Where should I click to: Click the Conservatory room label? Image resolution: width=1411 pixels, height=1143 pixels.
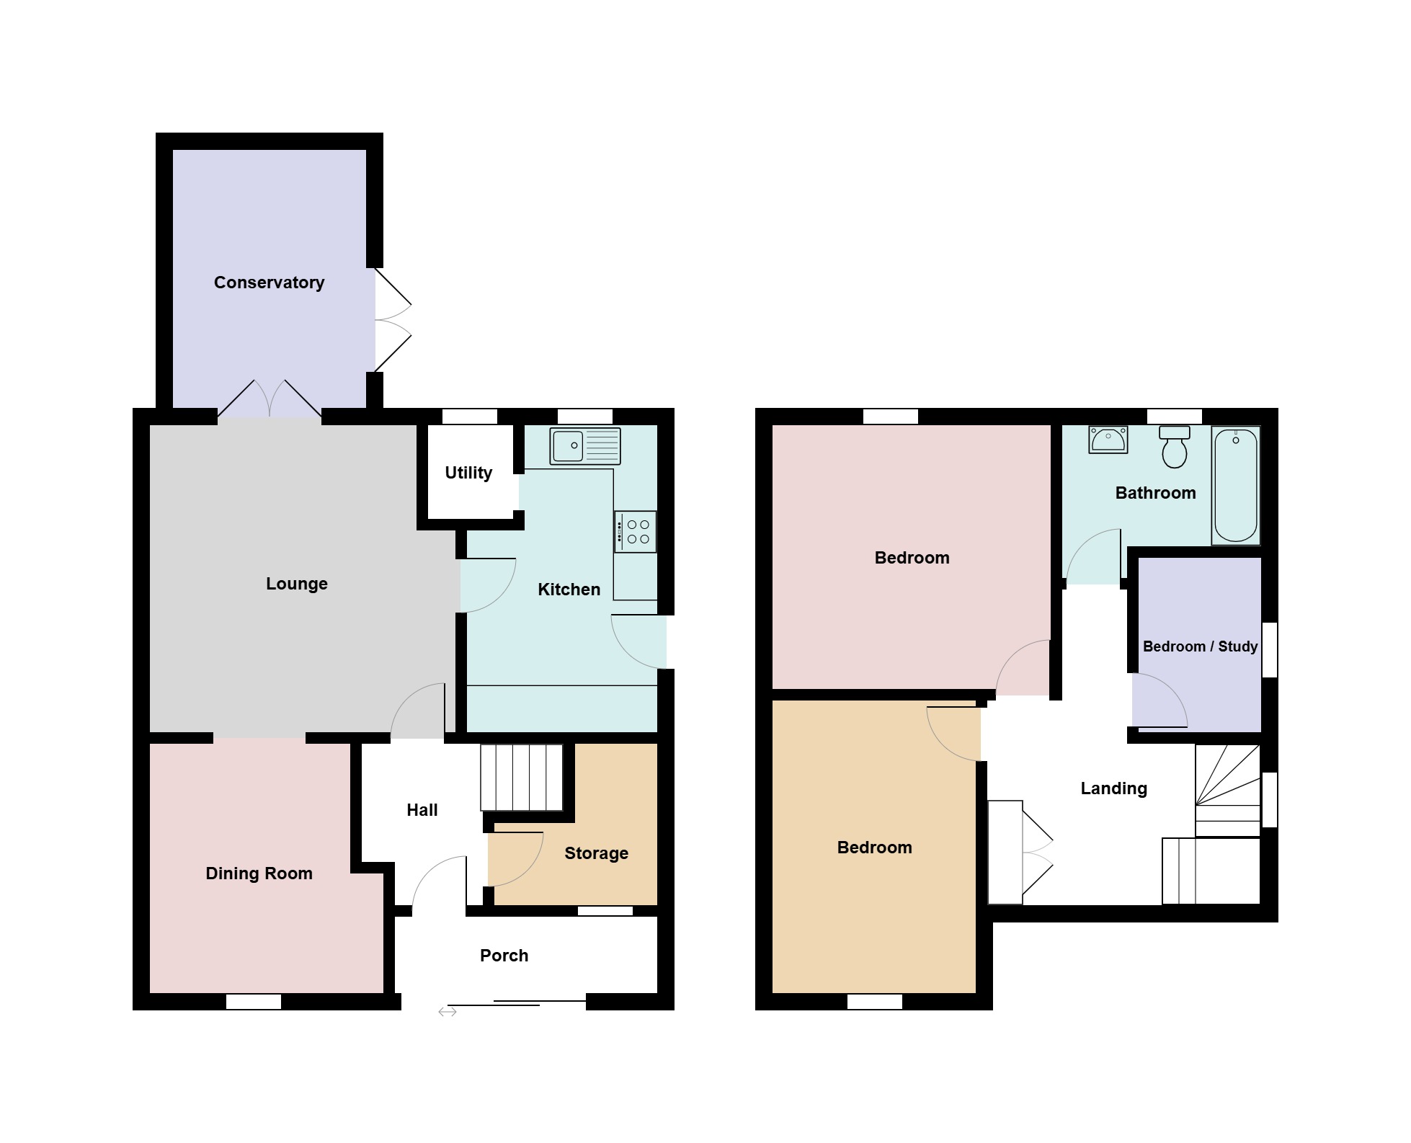coord(269,283)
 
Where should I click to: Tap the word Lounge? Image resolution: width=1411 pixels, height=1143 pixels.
coord(297,584)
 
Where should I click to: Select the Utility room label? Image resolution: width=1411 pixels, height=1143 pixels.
coord(468,473)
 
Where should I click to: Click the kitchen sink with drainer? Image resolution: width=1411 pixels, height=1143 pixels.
coord(585,445)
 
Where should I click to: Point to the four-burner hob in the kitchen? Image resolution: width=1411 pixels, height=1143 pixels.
coord(636,532)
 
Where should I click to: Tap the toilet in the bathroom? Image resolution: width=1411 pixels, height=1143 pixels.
coord(1175,447)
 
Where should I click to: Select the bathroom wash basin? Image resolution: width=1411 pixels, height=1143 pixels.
coord(1108,440)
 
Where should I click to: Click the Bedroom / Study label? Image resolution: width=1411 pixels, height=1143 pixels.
coord(1201,646)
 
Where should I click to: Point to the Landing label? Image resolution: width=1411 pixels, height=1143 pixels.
coord(1114,788)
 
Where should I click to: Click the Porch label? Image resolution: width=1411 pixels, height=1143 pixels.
coord(504,956)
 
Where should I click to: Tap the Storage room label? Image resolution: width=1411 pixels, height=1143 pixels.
coord(597,853)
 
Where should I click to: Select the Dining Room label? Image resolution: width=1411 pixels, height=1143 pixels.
coord(259,873)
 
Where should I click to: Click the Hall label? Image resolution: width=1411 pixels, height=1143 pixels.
coord(422,810)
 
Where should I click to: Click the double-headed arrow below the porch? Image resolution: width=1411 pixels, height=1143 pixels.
coord(448,1013)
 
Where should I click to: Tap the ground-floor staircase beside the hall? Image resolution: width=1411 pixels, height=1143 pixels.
coord(522,778)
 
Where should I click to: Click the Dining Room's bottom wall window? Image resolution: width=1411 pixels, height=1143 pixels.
coord(254,1002)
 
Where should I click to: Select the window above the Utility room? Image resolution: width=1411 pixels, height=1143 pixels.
coord(470,417)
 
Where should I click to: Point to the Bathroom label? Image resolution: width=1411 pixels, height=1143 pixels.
coord(1156,493)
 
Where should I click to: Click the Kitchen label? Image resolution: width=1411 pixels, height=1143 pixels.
coord(569,590)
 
